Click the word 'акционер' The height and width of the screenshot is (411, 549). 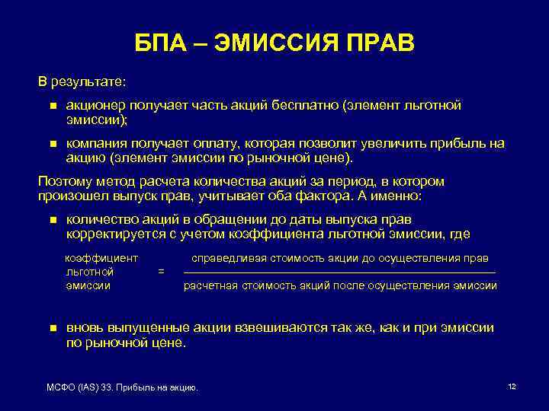point(95,106)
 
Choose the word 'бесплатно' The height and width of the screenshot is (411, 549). point(302,106)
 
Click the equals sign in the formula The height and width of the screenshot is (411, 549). point(160,271)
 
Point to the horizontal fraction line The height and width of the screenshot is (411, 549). point(339,272)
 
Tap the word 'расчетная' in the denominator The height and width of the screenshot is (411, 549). point(210,285)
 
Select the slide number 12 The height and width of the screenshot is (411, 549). point(512,387)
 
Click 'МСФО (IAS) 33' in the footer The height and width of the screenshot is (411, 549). point(79,389)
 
